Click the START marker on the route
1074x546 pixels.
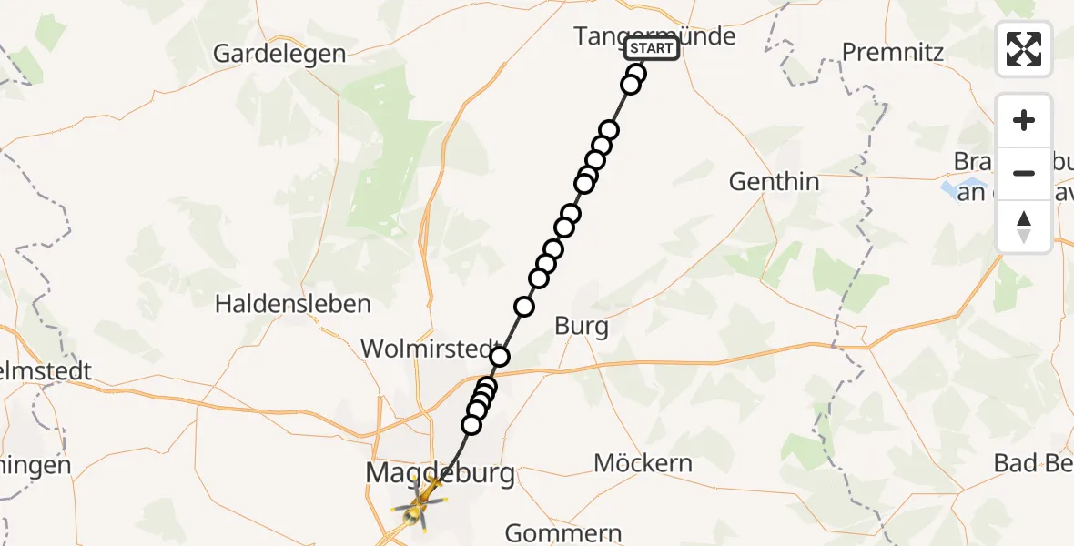(x=652, y=48)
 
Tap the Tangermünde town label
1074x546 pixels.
(x=654, y=36)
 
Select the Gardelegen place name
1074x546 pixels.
(x=279, y=54)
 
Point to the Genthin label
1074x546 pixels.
(x=774, y=182)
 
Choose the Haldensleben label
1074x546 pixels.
(x=293, y=304)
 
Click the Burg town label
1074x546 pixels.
(x=581, y=327)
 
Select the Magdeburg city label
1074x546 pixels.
(x=440, y=473)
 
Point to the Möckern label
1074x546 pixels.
(x=643, y=463)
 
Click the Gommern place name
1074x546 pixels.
(x=563, y=532)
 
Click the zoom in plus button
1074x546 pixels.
(x=1024, y=121)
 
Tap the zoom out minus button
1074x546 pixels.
(x=1024, y=173)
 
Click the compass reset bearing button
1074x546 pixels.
(x=1024, y=226)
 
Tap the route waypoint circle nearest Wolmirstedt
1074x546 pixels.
(x=499, y=356)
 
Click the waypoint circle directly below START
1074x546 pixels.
(x=636, y=74)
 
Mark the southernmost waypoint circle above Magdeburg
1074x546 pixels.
(x=471, y=424)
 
